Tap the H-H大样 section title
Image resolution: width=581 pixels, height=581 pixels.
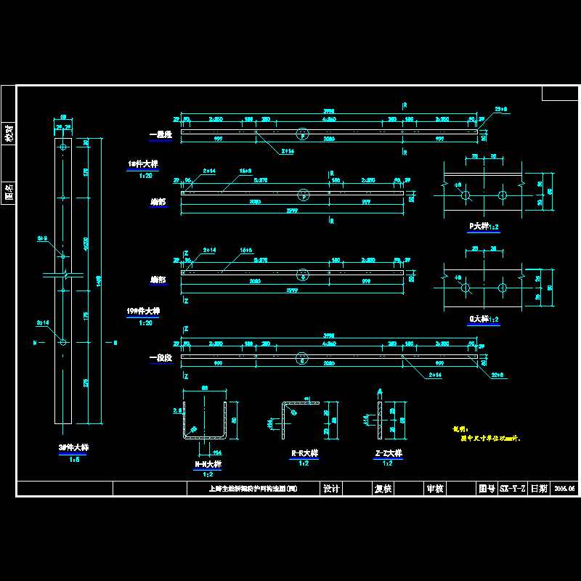(x=208, y=463)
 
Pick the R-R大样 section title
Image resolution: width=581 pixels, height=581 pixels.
(x=305, y=453)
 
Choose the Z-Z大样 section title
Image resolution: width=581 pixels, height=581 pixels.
(x=388, y=453)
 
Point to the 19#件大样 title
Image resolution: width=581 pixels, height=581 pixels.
(x=143, y=311)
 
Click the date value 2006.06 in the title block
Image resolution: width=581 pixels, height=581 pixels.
(x=564, y=489)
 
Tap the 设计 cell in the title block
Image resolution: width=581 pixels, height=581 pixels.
(x=331, y=489)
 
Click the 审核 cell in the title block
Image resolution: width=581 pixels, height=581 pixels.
(x=435, y=489)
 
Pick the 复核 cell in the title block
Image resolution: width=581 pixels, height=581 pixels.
(x=383, y=489)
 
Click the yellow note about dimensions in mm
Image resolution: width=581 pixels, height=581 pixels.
(x=487, y=438)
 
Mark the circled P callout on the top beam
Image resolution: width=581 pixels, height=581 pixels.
(x=304, y=133)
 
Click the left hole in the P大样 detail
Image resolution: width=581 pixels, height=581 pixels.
(x=465, y=196)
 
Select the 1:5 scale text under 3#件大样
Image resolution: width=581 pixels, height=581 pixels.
(x=74, y=460)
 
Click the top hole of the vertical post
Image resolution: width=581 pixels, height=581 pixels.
(x=63, y=147)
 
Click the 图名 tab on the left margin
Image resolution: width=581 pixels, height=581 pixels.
(x=9, y=192)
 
